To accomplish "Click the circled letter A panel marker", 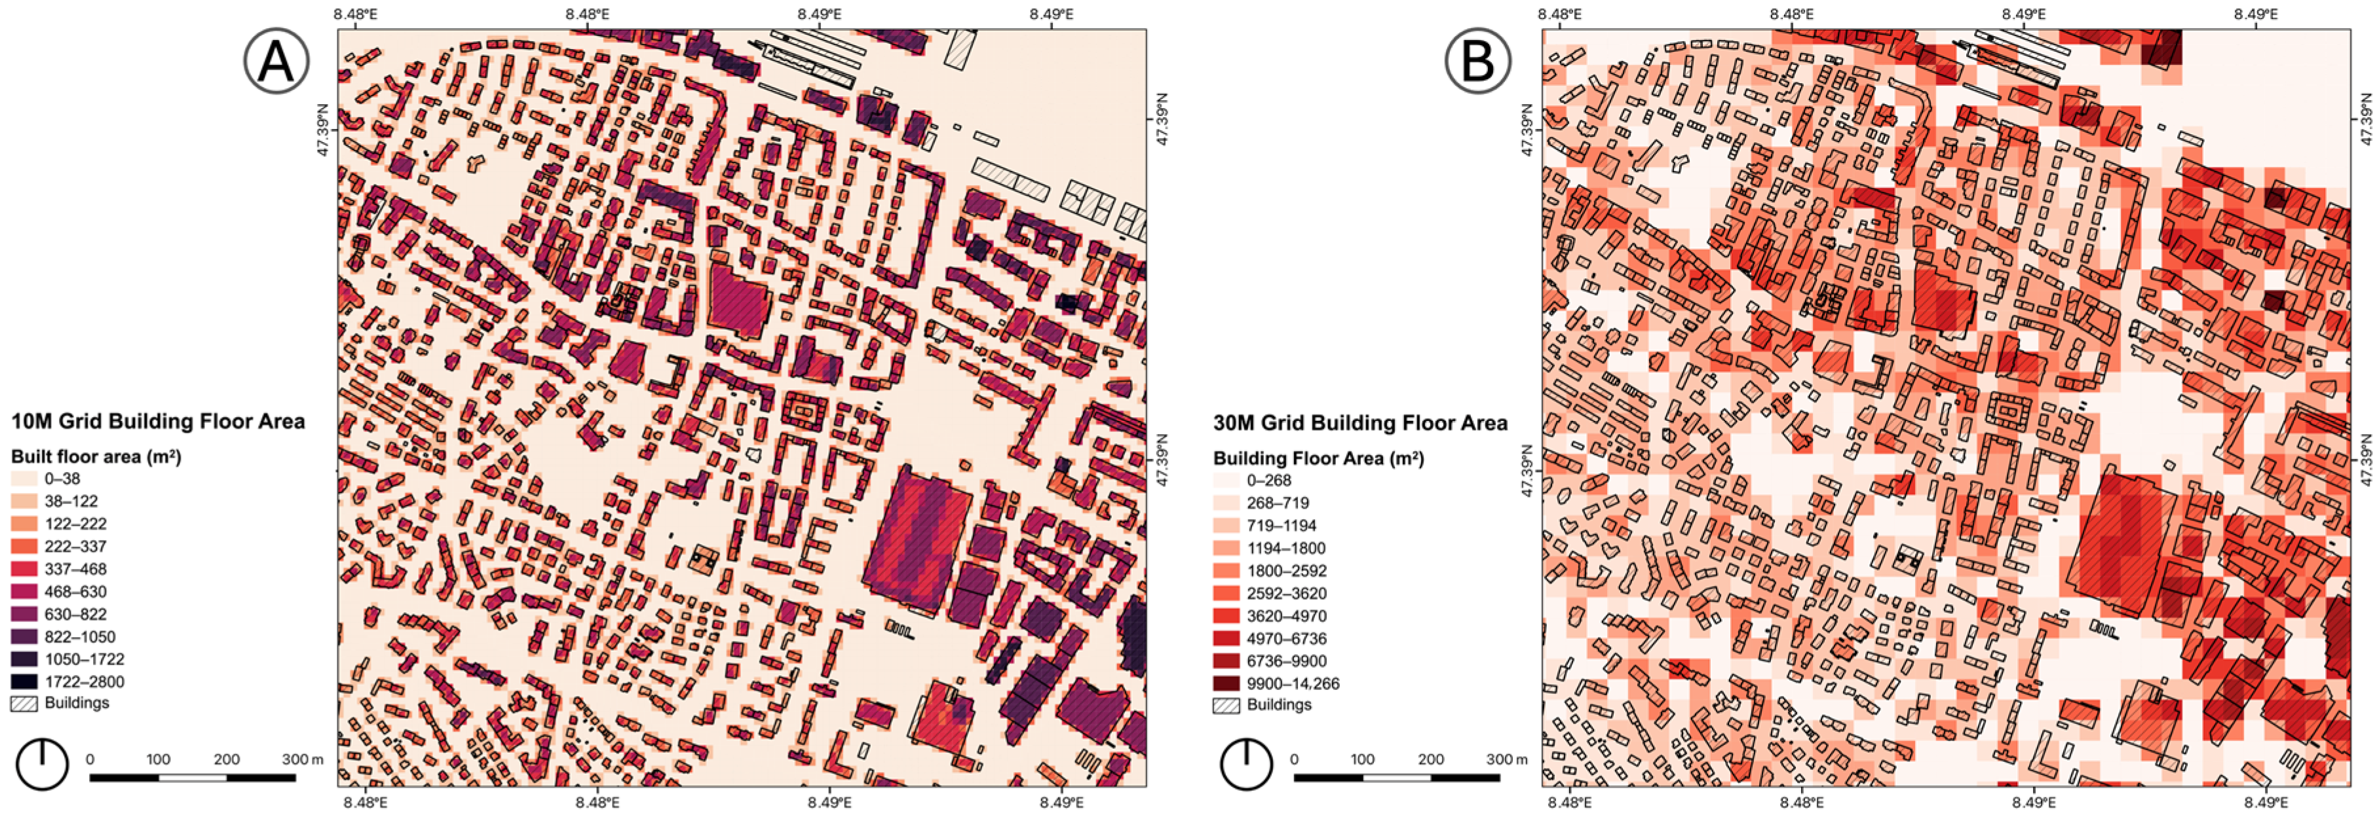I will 276,61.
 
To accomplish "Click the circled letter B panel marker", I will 1477,61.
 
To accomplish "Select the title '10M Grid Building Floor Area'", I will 158,422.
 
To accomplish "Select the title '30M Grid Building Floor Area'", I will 1360,424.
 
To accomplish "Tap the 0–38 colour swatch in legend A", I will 24,479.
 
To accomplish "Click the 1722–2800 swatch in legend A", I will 24,681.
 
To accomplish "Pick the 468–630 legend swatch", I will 24,591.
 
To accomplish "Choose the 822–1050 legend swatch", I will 24,636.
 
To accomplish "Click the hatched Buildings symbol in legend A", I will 24,704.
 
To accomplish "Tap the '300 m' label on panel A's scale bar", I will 302,759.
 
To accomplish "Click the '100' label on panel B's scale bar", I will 1362,759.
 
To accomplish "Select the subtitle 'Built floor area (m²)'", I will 96,456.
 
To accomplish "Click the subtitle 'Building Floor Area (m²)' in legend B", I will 1318,458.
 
